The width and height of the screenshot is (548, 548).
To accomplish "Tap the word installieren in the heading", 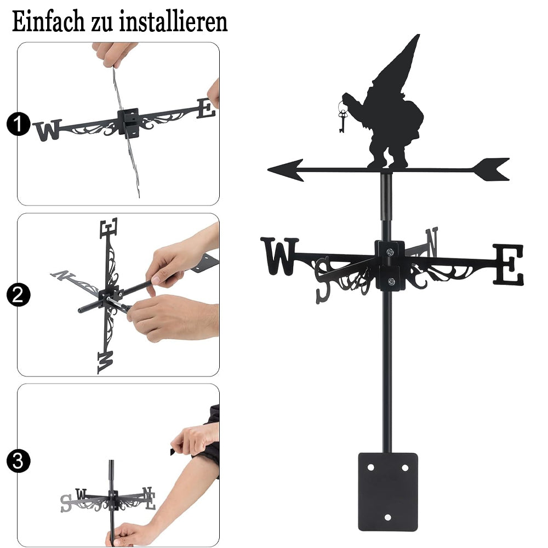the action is click(x=173, y=21).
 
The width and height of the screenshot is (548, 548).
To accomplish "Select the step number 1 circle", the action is click(x=18, y=124).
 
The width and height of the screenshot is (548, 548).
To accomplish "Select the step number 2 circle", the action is click(x=18, y=295).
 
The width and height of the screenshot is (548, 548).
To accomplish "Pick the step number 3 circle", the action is click(x=18, y=461).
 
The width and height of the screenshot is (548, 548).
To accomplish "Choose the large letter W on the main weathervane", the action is click(x=279, y=256).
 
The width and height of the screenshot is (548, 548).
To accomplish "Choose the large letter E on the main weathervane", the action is click(x=508, y=264).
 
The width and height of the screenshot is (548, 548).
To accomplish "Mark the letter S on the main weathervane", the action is click(x=322, y=279).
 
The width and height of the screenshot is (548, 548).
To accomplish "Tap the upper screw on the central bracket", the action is click(x=390, y=252).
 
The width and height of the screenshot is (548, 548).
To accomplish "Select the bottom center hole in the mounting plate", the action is click(x=387, y=517).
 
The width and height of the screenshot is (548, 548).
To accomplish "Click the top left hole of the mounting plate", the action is click(x=371, y=467).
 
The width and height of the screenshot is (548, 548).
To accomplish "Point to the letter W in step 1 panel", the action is click(x=48, y=131).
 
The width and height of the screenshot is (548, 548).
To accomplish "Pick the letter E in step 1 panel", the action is click(x=206, y=109).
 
